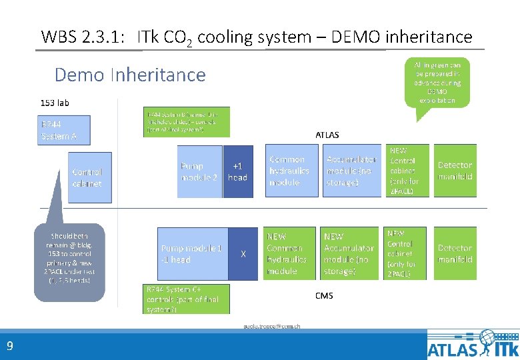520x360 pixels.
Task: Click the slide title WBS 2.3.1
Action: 256,37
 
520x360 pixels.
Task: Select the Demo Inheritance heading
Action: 130,74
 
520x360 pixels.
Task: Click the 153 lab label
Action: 55,103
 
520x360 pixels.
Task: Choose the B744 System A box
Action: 62,131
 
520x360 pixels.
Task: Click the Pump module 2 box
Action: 199,171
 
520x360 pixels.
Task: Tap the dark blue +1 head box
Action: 237,171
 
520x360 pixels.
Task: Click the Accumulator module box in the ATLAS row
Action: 351,171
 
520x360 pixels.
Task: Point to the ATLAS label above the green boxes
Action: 327,135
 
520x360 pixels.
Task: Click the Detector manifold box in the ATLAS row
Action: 455,171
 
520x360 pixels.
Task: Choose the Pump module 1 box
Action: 192,253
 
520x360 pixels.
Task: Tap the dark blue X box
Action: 243,253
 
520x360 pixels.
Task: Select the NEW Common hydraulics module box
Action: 289,253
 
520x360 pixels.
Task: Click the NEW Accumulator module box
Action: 349,253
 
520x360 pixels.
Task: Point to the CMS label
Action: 324,295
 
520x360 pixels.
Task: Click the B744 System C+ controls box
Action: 187,299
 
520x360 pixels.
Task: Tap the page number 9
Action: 9,345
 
